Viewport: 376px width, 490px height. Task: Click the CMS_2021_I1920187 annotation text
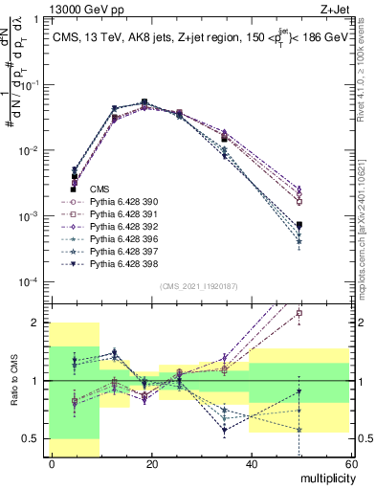(200, 286)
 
